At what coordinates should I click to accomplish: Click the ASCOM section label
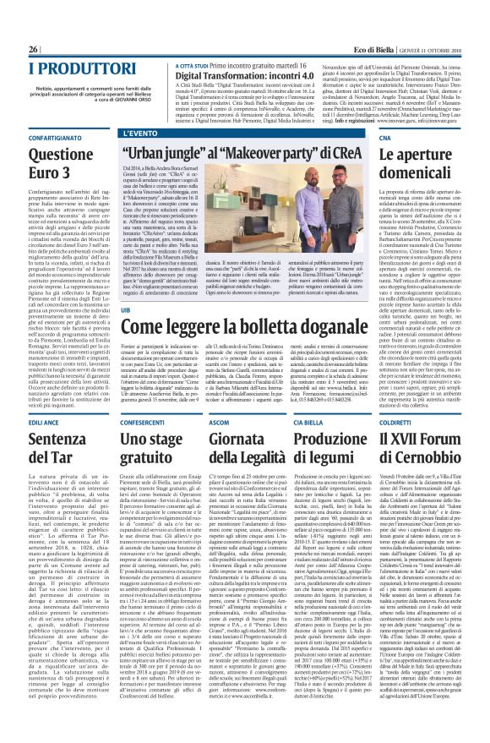[x=220, y=420]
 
